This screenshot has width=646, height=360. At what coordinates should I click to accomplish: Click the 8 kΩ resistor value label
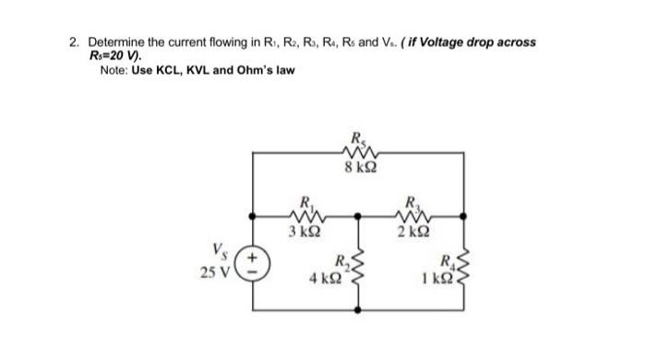(x=356, y=167)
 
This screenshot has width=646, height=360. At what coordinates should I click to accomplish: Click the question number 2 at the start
(x=74, y=43)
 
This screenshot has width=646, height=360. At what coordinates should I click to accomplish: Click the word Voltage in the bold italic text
(x=426, y=43)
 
